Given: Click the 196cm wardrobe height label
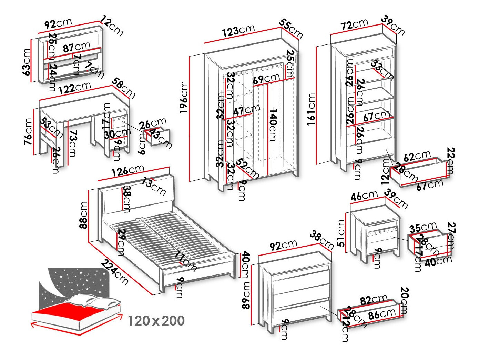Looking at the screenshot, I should click(x=184, y=98).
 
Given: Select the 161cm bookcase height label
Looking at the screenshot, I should click(x=311, y=109).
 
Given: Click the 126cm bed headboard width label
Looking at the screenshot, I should click(x=127, y=170).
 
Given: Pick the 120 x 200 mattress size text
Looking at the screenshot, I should click(x=156, y=321).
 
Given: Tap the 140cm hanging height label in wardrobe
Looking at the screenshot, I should click(x=273, y=125).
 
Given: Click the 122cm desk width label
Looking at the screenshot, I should click(x=75, y=88).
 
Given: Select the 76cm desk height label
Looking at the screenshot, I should click(x=28, y=131).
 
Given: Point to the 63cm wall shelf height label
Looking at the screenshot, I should click(x=26, y=62).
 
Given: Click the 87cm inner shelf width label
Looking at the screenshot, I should click(x=76, y=47).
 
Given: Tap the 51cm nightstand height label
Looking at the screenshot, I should click(x=341, y=233).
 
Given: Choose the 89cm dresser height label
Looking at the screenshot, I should click(x=246, y=295).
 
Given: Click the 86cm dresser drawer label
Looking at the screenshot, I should click(x=382, y=314).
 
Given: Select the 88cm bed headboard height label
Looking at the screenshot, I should click(x=83, y=215).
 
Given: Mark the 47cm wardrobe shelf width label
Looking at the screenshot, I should click(x=246, y=110).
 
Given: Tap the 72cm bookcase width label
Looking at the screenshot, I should click(x=354, y=24).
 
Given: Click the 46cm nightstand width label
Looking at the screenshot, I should click(x=364, y=196).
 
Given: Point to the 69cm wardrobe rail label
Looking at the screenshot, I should click(x=266, y=79).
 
